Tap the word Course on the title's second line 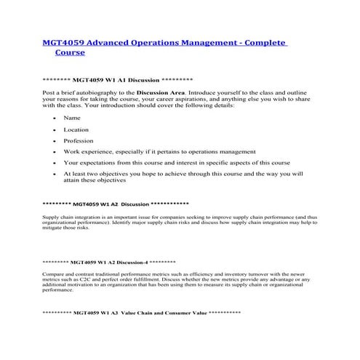tap(69, 53)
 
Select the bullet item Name tap(72, 118)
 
